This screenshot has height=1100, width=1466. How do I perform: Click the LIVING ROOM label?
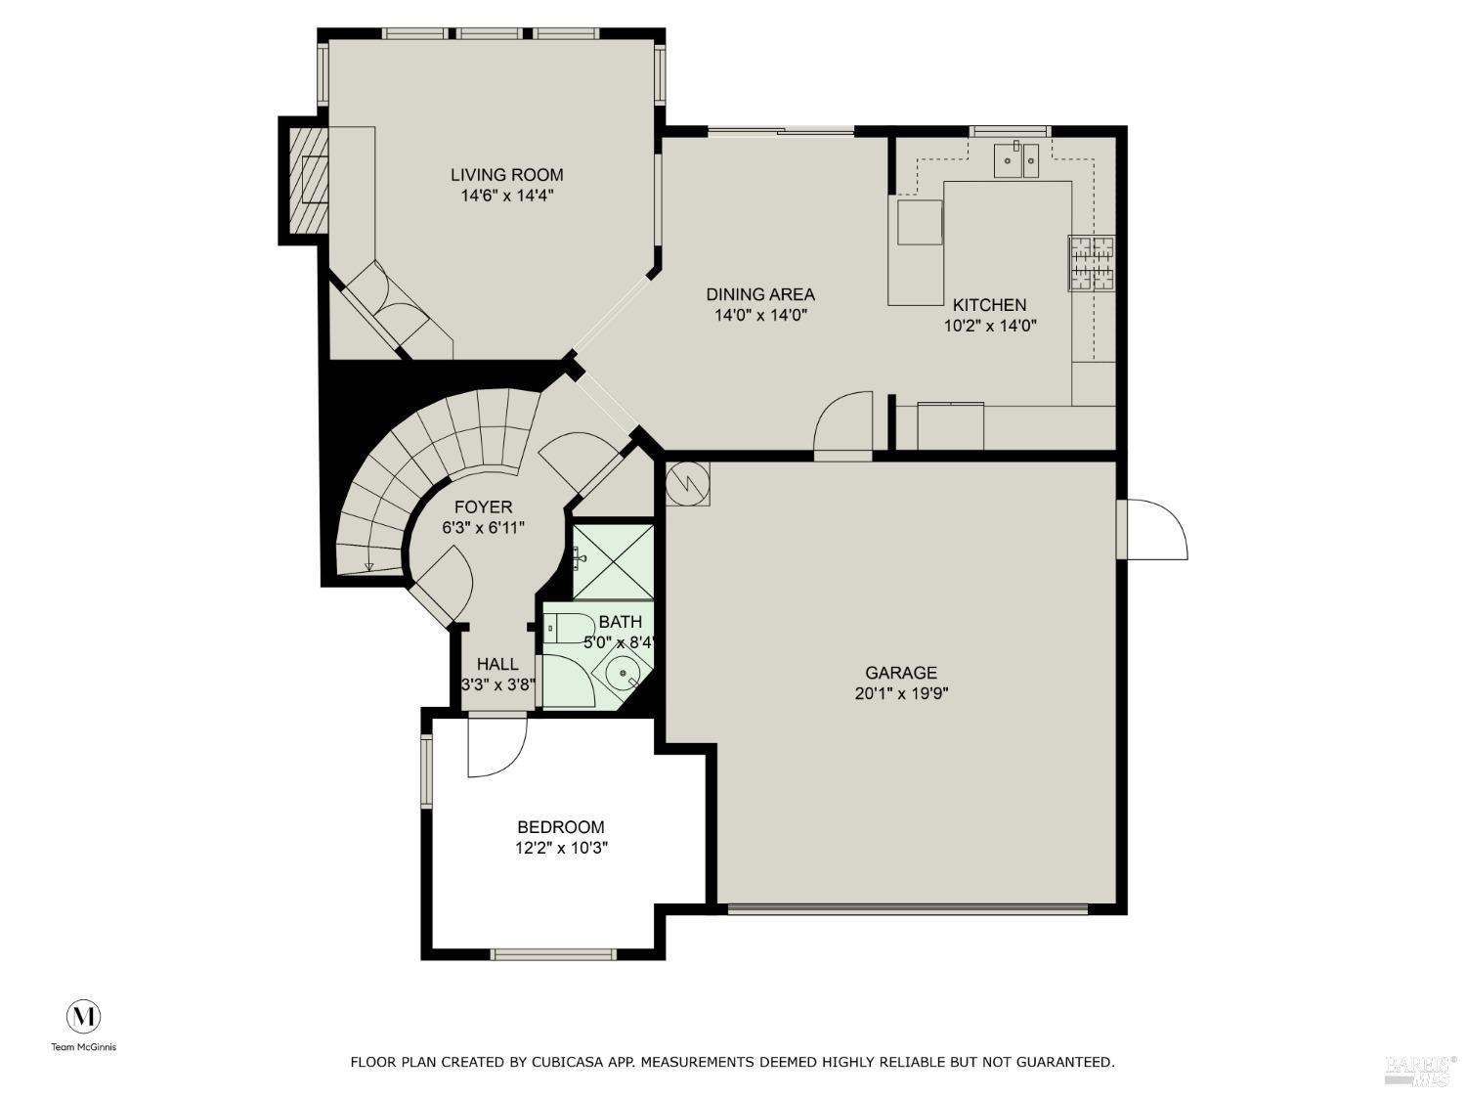click(x=506, y=175)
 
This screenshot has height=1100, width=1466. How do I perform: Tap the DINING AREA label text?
click(x=760, y=294)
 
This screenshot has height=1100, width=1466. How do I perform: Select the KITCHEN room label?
click(x=989, y=305)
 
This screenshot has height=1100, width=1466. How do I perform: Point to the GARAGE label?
click(x=900, y=673)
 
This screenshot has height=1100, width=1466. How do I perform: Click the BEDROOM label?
click(x=561, y=827)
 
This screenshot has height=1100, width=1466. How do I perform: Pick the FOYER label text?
click(x=483, y=507)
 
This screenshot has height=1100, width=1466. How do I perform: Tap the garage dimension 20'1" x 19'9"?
click(x=900, y=694)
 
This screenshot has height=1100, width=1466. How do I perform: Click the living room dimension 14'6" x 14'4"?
click(x=506, y=196)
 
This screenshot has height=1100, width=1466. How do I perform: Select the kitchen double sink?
click(x=1016, y=160)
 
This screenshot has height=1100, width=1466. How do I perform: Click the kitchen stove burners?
click(x=1092, y=264)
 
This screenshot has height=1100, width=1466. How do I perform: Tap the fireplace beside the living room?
click(x=309, y=180)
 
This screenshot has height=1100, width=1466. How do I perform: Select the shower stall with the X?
click(x=613, y=561)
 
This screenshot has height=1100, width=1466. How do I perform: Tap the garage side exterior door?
click(x=1156, y=529)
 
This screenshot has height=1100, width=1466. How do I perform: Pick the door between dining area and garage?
click(x=842, y=425)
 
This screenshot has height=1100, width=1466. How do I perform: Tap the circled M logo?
click(x=84, y=1017)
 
